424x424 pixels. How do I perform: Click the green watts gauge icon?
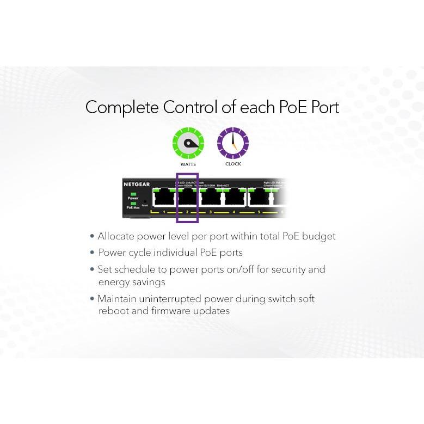188,143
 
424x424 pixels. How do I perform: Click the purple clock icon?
233,143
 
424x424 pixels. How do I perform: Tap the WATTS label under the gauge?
188,164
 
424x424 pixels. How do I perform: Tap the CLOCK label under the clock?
233,164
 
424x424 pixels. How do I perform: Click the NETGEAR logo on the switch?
137,185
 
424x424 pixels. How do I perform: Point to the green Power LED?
133,194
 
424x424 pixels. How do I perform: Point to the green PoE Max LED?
133,203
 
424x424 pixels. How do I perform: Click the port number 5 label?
259,212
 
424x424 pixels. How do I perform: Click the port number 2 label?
187,212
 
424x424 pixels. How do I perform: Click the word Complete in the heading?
122,107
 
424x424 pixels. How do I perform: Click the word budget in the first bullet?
318,236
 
